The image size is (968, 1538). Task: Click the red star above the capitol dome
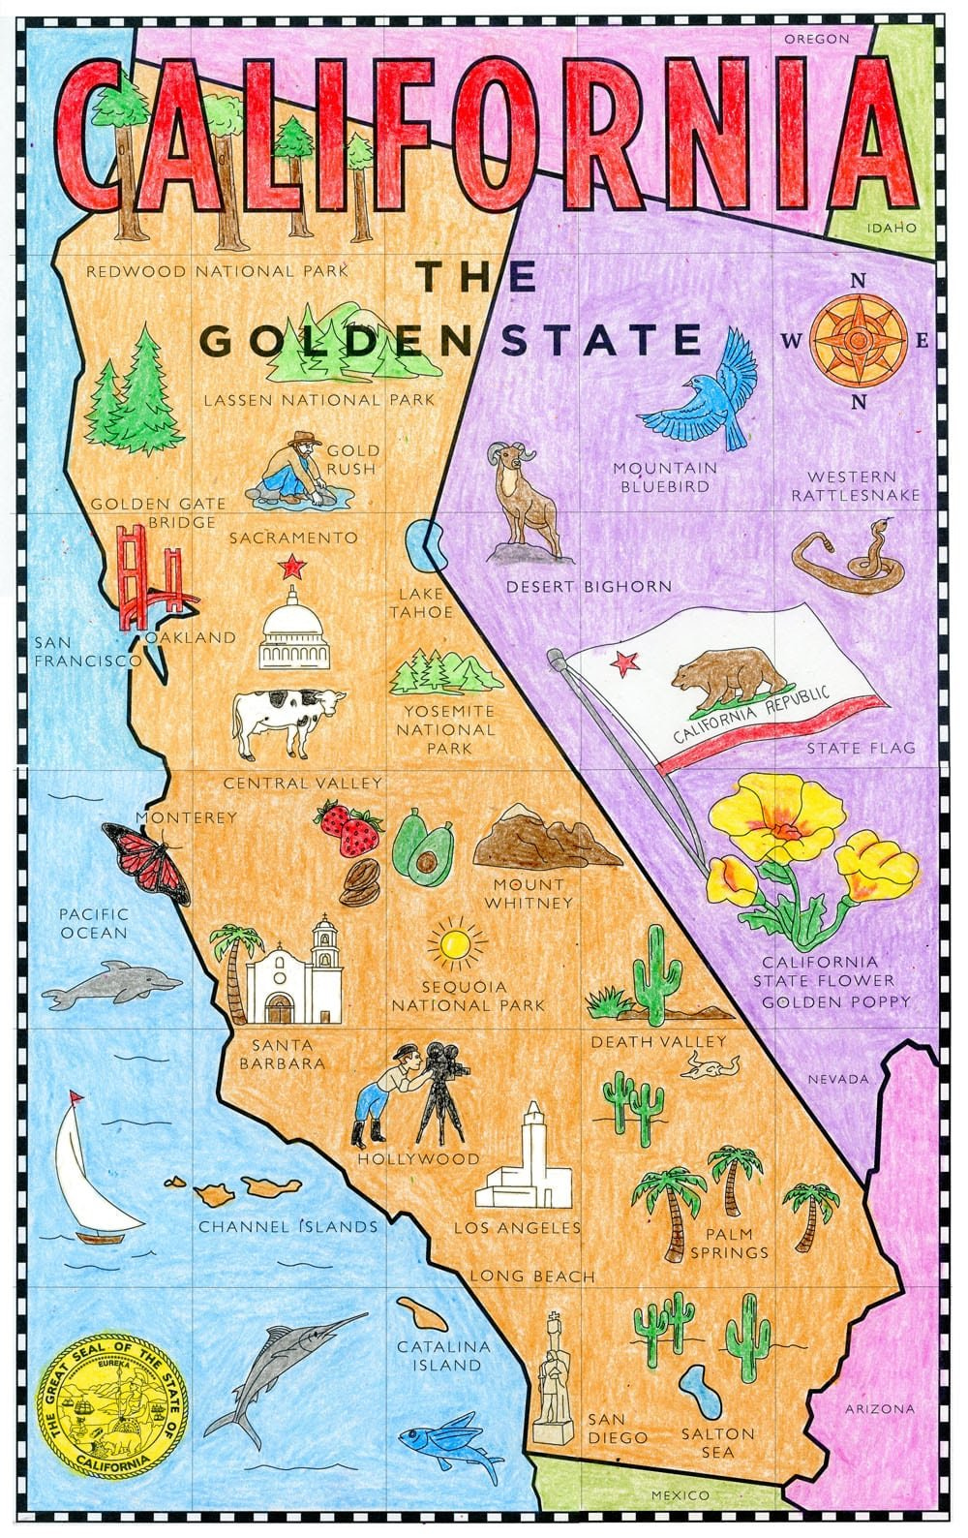click(288, 566)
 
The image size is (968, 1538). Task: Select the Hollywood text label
click(418, 1158)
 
